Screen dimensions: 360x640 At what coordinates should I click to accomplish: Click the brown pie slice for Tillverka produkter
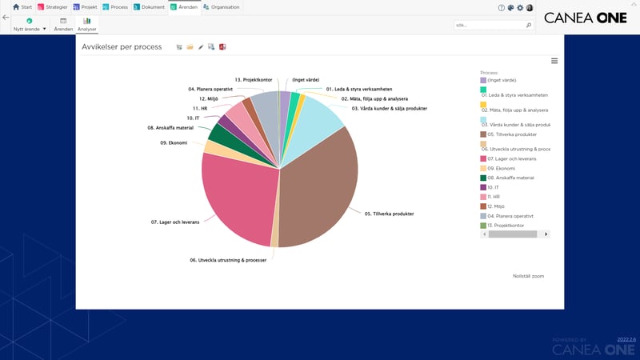coord(320,192)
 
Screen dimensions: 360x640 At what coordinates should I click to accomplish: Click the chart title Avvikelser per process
coord(122,47)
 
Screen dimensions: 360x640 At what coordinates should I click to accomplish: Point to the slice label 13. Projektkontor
coord(254,80)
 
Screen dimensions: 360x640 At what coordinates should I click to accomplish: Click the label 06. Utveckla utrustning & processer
coord(228,260)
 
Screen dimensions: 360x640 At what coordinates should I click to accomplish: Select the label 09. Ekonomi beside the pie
coord(174,142)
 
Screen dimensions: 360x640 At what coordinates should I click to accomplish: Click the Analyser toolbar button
coord(86,25)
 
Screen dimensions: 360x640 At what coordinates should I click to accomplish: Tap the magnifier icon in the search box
coord(529,25)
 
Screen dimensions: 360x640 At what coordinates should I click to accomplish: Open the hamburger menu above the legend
coord(554,61)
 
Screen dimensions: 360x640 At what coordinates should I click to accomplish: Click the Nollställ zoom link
coord(528,275)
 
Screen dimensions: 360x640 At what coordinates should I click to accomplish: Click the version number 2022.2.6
coord(626,339)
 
